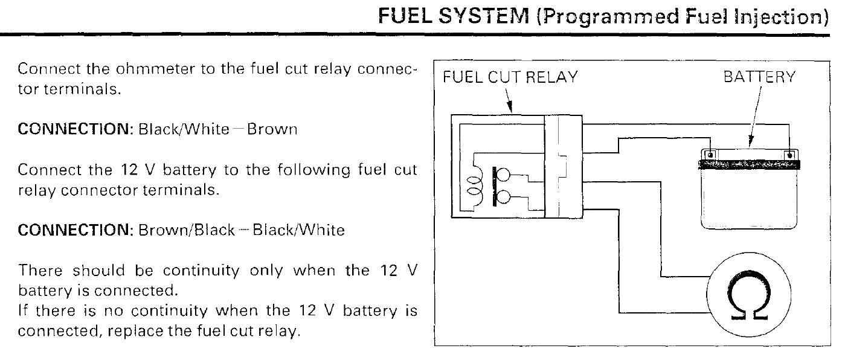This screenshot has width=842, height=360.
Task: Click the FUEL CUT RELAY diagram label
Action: point(510,78)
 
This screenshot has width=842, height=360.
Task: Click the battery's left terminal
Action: point(710,155)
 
